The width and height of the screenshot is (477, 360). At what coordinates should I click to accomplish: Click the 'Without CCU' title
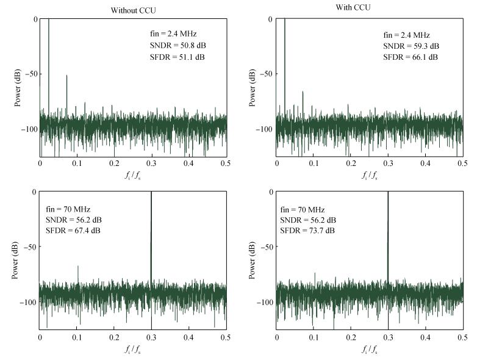(133, 10)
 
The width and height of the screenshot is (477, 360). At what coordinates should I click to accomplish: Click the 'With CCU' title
(370, 7)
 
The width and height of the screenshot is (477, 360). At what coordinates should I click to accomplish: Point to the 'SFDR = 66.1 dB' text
(411, 57)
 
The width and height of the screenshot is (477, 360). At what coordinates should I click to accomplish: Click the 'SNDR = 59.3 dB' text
(411, 46)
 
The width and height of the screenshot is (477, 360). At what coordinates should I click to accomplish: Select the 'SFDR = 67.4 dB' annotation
(73, 231)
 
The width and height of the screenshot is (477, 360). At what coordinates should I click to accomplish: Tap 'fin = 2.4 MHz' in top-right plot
(404, 35)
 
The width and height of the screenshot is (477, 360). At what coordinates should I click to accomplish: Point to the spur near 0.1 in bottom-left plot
(77, 267)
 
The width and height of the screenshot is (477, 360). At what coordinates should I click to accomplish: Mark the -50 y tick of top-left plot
(32, 74)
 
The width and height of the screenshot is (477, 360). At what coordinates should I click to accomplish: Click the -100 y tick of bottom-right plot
(266, 302)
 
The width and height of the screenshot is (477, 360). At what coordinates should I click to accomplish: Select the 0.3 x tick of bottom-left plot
(151, 337)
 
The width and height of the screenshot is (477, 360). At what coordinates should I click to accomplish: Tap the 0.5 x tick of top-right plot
(462, 164)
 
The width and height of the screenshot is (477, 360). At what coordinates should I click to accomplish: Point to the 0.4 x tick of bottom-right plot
(425, 337)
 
